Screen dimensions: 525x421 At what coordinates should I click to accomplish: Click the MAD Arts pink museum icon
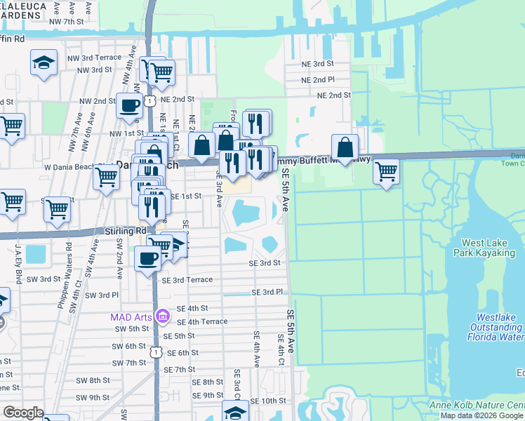point(162,316)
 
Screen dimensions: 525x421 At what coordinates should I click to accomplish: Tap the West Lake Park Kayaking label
point(490,246)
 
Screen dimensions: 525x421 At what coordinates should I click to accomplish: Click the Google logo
point(24,412)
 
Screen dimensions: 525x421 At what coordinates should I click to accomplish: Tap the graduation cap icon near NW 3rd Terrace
point(44,62)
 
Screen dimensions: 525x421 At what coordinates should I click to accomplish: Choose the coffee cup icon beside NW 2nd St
point(129,105)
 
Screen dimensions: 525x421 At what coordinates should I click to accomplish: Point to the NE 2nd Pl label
point(318,80)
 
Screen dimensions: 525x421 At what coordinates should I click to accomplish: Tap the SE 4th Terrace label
point(202,321)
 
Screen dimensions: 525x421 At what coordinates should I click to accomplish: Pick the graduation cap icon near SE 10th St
point(235,411)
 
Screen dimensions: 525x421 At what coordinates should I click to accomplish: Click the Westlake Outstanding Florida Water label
point(495,327)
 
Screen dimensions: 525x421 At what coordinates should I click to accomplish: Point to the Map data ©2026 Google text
point(482,415)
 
